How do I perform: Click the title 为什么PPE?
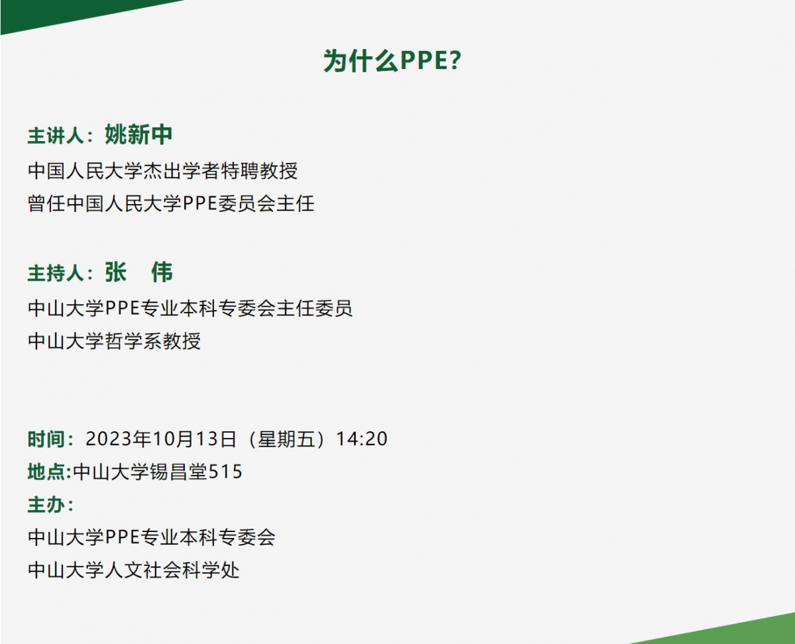coord(392,61)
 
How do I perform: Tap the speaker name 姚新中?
coord(138,134)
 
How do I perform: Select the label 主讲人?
coord(56,136)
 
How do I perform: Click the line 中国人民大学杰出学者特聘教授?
coord(163,171)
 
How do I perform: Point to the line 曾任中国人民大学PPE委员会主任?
coord(171,204)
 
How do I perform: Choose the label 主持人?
coord(56,273)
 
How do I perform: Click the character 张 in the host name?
coord(116,272)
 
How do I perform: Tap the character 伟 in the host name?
coord(162,272)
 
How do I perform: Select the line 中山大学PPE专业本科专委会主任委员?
coord(190,308)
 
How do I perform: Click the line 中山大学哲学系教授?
coord(114,341)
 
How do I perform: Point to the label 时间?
coord(46,439)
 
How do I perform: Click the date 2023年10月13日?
coord(161,439)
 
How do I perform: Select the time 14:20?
coord(362,439)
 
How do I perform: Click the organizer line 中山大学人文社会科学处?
coord(134,570)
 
